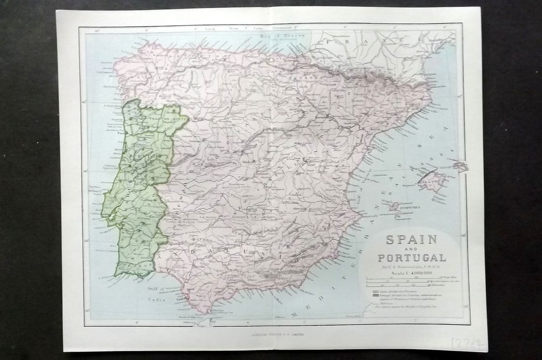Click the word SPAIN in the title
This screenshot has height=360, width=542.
405,240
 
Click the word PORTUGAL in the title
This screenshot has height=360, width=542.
412,257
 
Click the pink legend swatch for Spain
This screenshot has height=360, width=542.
376,292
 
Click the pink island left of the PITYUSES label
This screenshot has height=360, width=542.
394,206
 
